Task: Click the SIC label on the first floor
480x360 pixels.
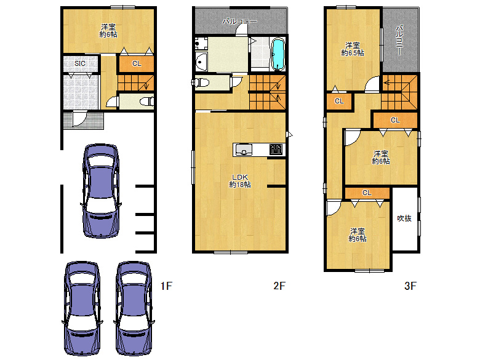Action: click(x=80, y=63)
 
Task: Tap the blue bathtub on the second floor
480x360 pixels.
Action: click(x=278, y=54)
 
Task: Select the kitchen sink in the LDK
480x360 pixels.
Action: click(x=243, y=150)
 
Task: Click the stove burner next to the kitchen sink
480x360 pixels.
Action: click(x=276, y=150)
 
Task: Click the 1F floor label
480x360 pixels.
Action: click(x=166, y=286)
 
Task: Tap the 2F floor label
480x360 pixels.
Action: click(x=279, y=286)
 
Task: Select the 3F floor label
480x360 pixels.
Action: click(x=410, y=286)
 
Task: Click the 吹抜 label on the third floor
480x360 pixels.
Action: click(x=404, y=218)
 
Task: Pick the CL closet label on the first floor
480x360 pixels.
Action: click(x=137, y=63)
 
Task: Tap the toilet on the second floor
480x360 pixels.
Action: click(x=201, y=82)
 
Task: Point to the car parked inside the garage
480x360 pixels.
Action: click(x=101, y=191)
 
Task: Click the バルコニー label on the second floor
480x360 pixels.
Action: click(x=240, y=22)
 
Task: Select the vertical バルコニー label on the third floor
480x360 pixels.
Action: click(x=399, y=41)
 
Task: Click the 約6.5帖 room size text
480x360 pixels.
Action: click(x=353, y=53)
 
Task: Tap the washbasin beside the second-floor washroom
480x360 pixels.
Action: click(x=201, y=62)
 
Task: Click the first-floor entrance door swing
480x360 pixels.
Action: click(x=79, y=119)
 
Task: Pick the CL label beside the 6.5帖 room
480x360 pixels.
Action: click(x=339, y=101)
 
